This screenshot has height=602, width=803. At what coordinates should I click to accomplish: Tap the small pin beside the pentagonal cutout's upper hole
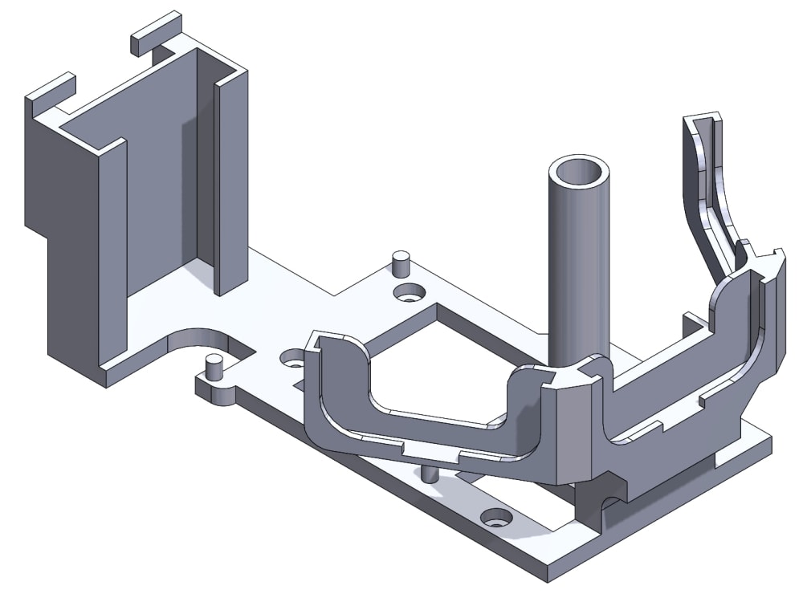tap(401, 263)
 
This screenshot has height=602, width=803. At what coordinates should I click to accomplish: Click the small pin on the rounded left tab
tap(214, 367)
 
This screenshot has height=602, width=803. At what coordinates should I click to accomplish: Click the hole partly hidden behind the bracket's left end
tap(290, 358)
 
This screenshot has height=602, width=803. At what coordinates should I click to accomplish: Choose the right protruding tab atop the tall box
tap(157, 32)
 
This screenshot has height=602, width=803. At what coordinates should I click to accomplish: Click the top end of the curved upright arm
tap(703, 120)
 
